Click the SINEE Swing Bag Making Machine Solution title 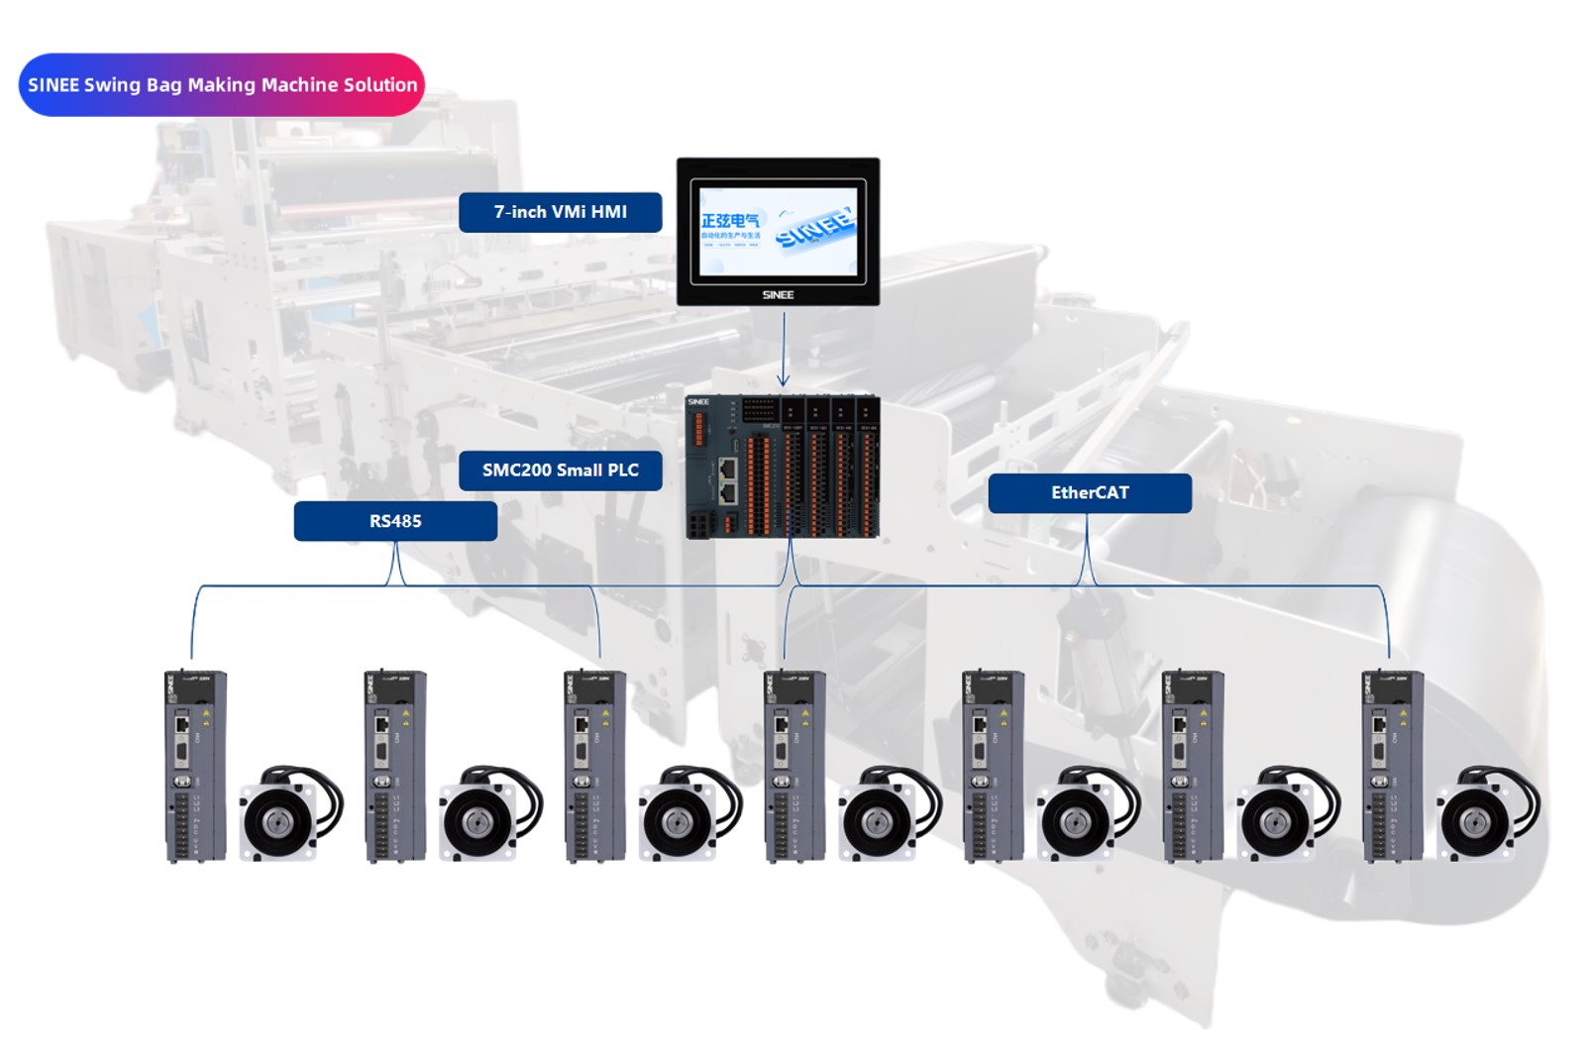coord(222,85)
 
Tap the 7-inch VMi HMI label coord(560,212)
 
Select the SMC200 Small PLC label coord(560,471)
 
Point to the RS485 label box coord(395,521)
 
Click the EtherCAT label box coord(1090,493)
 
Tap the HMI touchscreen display coord(778,231)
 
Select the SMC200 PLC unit coord(782,467)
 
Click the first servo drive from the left coord(195,766)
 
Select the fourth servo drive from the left coord(794,766)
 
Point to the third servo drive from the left coord(594,766)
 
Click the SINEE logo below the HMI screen coord(778,294)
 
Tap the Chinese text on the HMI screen coord(730,222)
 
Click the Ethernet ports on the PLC coord(727,479)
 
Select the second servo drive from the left coord(394,766)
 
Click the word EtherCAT coord(1090,493)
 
